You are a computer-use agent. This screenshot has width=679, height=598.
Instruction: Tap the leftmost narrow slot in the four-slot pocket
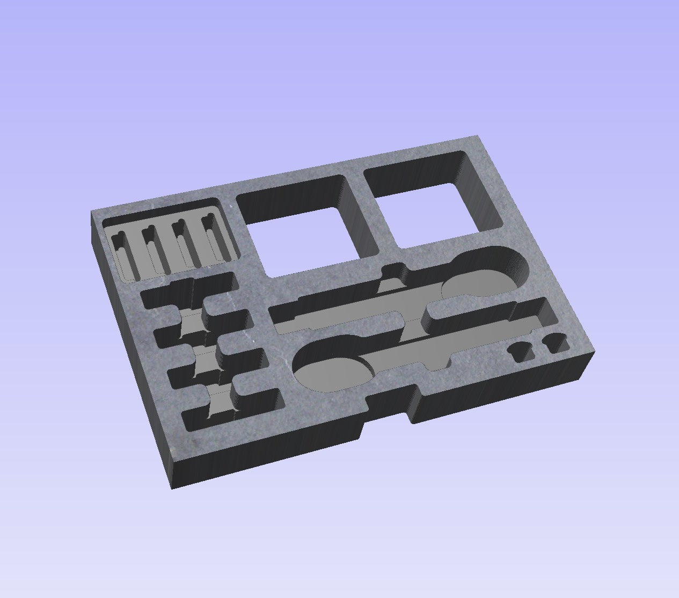pos(123,254)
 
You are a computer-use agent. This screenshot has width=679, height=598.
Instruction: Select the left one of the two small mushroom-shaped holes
pos(520,351)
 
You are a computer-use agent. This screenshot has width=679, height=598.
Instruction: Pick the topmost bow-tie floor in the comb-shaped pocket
pos(191,322)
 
